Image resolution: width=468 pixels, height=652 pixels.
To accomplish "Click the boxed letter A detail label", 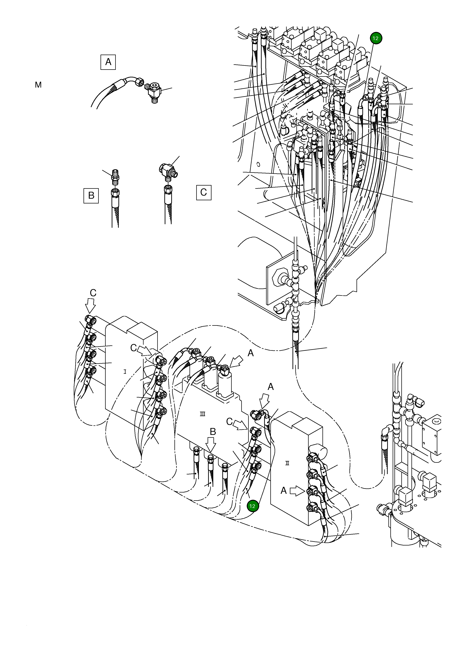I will coord(108,62).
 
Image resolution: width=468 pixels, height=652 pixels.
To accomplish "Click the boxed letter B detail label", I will coord(91,195).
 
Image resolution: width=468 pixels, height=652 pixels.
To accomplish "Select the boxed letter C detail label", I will coord(203,192).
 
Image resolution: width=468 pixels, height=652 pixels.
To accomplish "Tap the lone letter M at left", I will coord(38,85).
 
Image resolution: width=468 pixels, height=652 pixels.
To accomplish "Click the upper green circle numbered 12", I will coord(376,38).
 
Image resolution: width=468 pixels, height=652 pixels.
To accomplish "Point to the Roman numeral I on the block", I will coord(125,372).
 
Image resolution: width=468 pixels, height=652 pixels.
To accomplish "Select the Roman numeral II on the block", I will coord(287,463).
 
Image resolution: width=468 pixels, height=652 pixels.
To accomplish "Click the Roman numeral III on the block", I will coord(202,414).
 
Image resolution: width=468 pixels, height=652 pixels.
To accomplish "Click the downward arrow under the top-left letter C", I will coord(91,306).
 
